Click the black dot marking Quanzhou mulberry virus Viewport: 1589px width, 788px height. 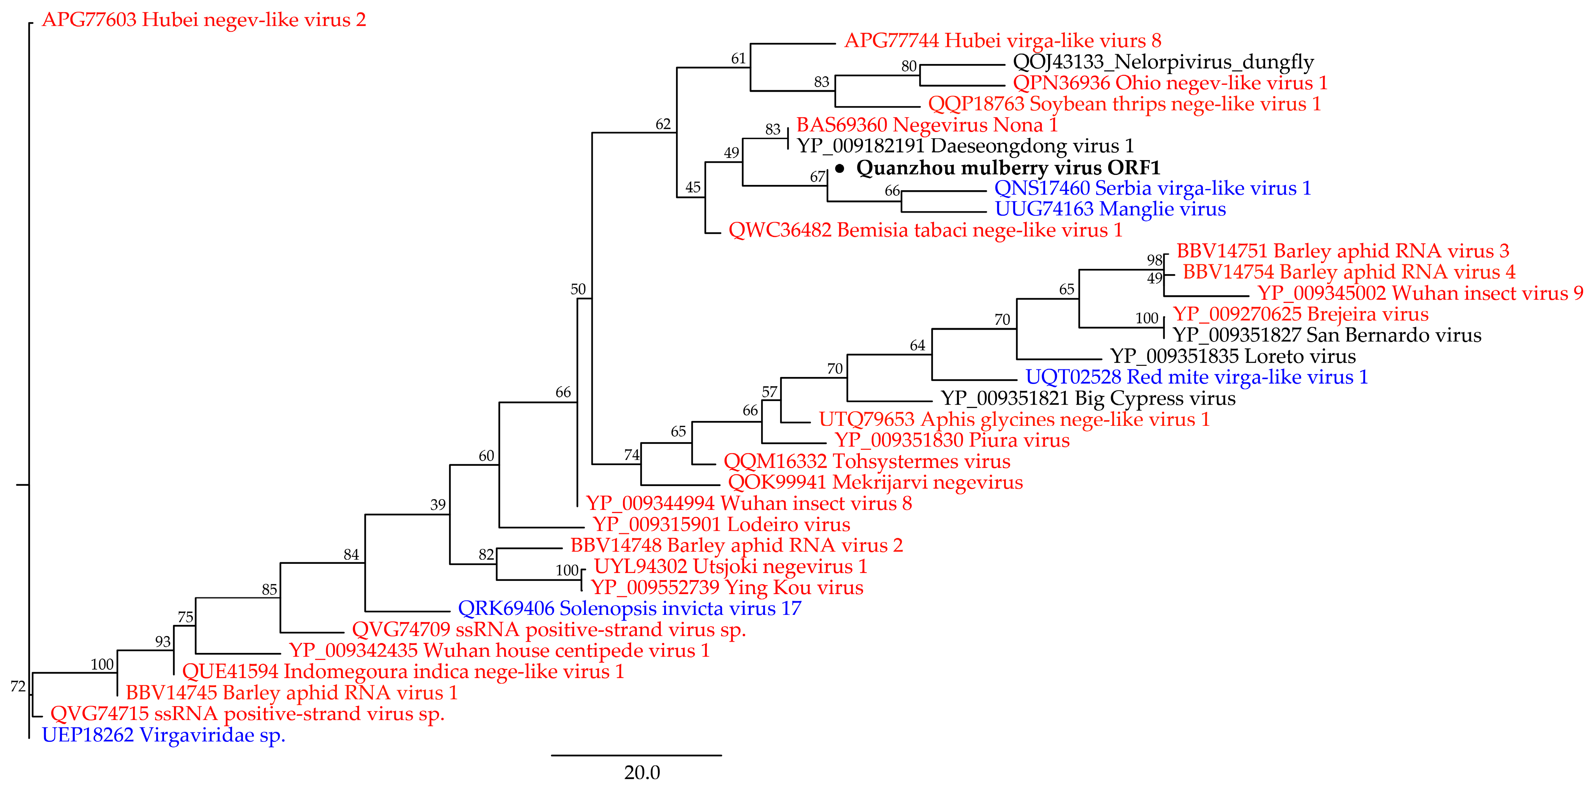(840, 168)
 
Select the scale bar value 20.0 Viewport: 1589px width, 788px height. (642, 772)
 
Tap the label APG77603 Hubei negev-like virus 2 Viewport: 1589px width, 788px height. (204, 20)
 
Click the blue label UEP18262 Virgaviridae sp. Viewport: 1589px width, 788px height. (164, 735)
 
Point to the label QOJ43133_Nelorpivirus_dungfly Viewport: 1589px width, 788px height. (1163, 62)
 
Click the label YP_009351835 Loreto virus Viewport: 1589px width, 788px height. (1232, 356)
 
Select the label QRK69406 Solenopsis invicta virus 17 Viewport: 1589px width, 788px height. (629, 609)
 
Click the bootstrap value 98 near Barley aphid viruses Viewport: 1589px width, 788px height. (1154, 260)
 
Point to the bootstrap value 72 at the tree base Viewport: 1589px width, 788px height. (18, 686)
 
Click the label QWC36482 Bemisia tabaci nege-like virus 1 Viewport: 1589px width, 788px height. (925, 230)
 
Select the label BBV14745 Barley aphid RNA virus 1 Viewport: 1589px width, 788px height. (291, 693)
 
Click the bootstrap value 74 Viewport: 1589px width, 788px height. (632, 455)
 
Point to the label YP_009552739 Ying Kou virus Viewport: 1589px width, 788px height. (727, 587)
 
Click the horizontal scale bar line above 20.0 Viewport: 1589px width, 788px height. (636, 755)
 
